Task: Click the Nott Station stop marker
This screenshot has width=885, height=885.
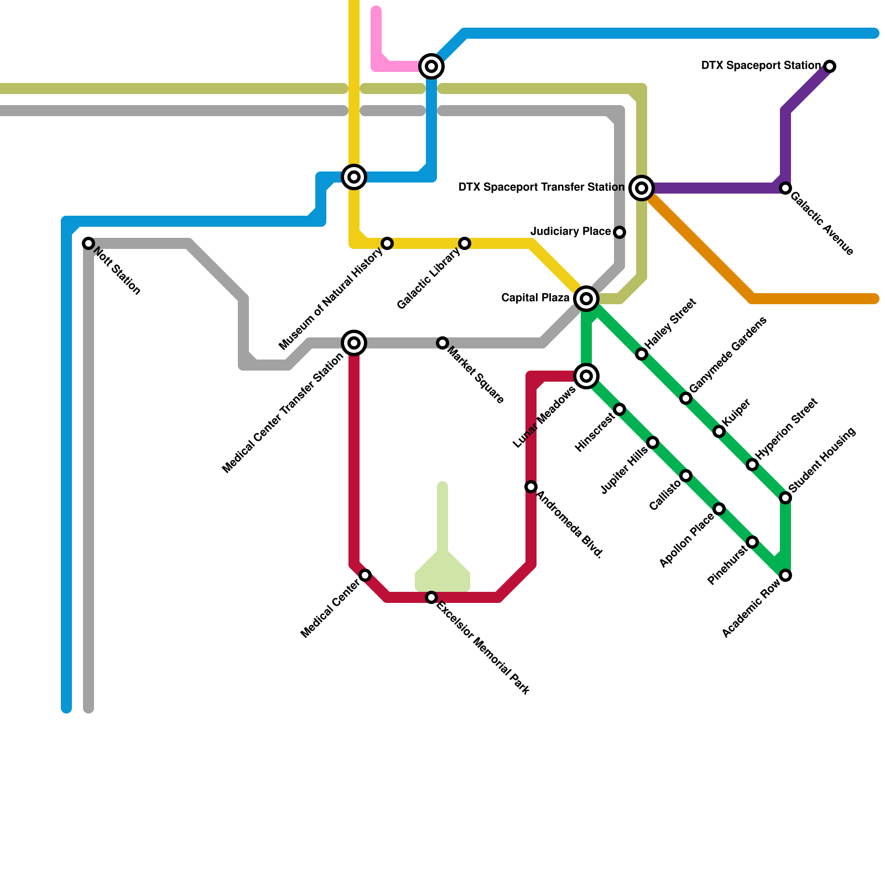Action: coord(88,243)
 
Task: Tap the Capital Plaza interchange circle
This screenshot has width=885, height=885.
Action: coord(586,299)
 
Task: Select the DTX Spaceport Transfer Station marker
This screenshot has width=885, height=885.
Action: coord(642,188)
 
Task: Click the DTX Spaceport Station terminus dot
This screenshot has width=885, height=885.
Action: coord(830,66)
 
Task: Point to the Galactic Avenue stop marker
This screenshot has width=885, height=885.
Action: coord(785,188)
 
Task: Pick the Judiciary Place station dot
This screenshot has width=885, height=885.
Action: coord(619,232)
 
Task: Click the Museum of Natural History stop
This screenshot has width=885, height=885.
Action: coord(387,243)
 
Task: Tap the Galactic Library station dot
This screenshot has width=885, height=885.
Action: coord(465,243)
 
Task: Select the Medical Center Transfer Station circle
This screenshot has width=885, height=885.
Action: coord(354,343)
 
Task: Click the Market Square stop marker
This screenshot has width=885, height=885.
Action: coord(442,343)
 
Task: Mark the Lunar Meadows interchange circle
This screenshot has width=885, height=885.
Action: coord(586,376)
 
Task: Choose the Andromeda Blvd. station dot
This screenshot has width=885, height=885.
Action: coord(531,487)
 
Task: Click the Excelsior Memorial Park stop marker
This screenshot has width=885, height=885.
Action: coord(431,597)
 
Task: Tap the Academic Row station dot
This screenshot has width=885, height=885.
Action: coord(785,575)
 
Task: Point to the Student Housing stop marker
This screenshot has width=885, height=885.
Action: coord(785,498)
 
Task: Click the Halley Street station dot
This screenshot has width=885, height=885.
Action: coord(642,354)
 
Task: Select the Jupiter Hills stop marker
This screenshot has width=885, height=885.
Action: coord(653,442)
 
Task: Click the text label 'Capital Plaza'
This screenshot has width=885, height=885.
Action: coord(535,298)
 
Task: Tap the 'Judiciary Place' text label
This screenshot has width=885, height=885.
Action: coord(570,231)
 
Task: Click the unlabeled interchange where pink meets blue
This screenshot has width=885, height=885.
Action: coord(431,66)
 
